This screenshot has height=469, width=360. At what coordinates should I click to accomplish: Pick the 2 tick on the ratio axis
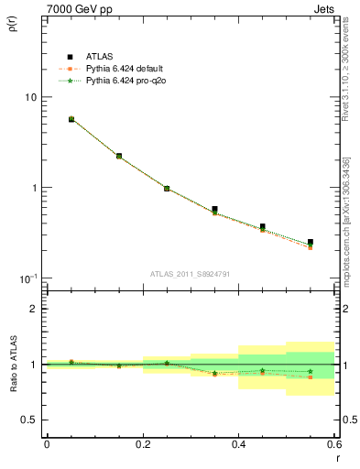point(33,309)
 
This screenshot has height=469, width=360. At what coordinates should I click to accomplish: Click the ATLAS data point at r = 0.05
point(71,119)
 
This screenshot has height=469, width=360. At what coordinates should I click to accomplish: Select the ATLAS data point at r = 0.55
point(311,242)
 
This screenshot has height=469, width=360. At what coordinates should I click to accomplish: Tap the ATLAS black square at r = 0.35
point(214,209)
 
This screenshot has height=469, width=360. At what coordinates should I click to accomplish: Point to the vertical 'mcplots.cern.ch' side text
point(346,220)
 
